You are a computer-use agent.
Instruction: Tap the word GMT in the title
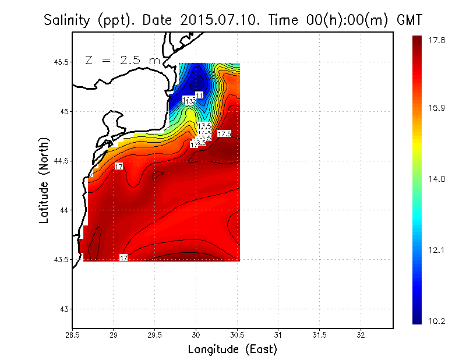(x=409, y=20)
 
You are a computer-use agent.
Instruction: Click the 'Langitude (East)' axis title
(x=232, y=350)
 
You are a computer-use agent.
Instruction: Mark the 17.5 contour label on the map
(x=224, y=134)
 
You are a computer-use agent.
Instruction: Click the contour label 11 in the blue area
(x=199, y=95)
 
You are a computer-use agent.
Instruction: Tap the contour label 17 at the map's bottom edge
(x=123, y=257)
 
